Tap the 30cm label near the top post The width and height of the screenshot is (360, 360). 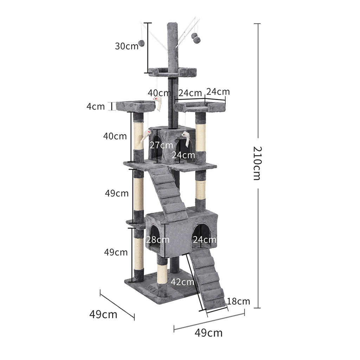(127, 46)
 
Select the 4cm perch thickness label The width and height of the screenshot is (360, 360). (96, 106)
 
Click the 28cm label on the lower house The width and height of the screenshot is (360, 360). (158, 240)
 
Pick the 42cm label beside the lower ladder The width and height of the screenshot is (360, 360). (182, 282)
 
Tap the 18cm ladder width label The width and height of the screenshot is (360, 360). (238, 301)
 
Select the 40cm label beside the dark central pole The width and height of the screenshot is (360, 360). (159, 93)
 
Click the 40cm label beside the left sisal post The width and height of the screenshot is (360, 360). (115, 136)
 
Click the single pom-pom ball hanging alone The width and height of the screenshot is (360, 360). (141, 43)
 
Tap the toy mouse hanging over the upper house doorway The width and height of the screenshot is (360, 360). (186, 139)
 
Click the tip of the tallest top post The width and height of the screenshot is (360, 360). (172, 25)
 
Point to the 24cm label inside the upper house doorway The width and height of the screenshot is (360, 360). (183, 154)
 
